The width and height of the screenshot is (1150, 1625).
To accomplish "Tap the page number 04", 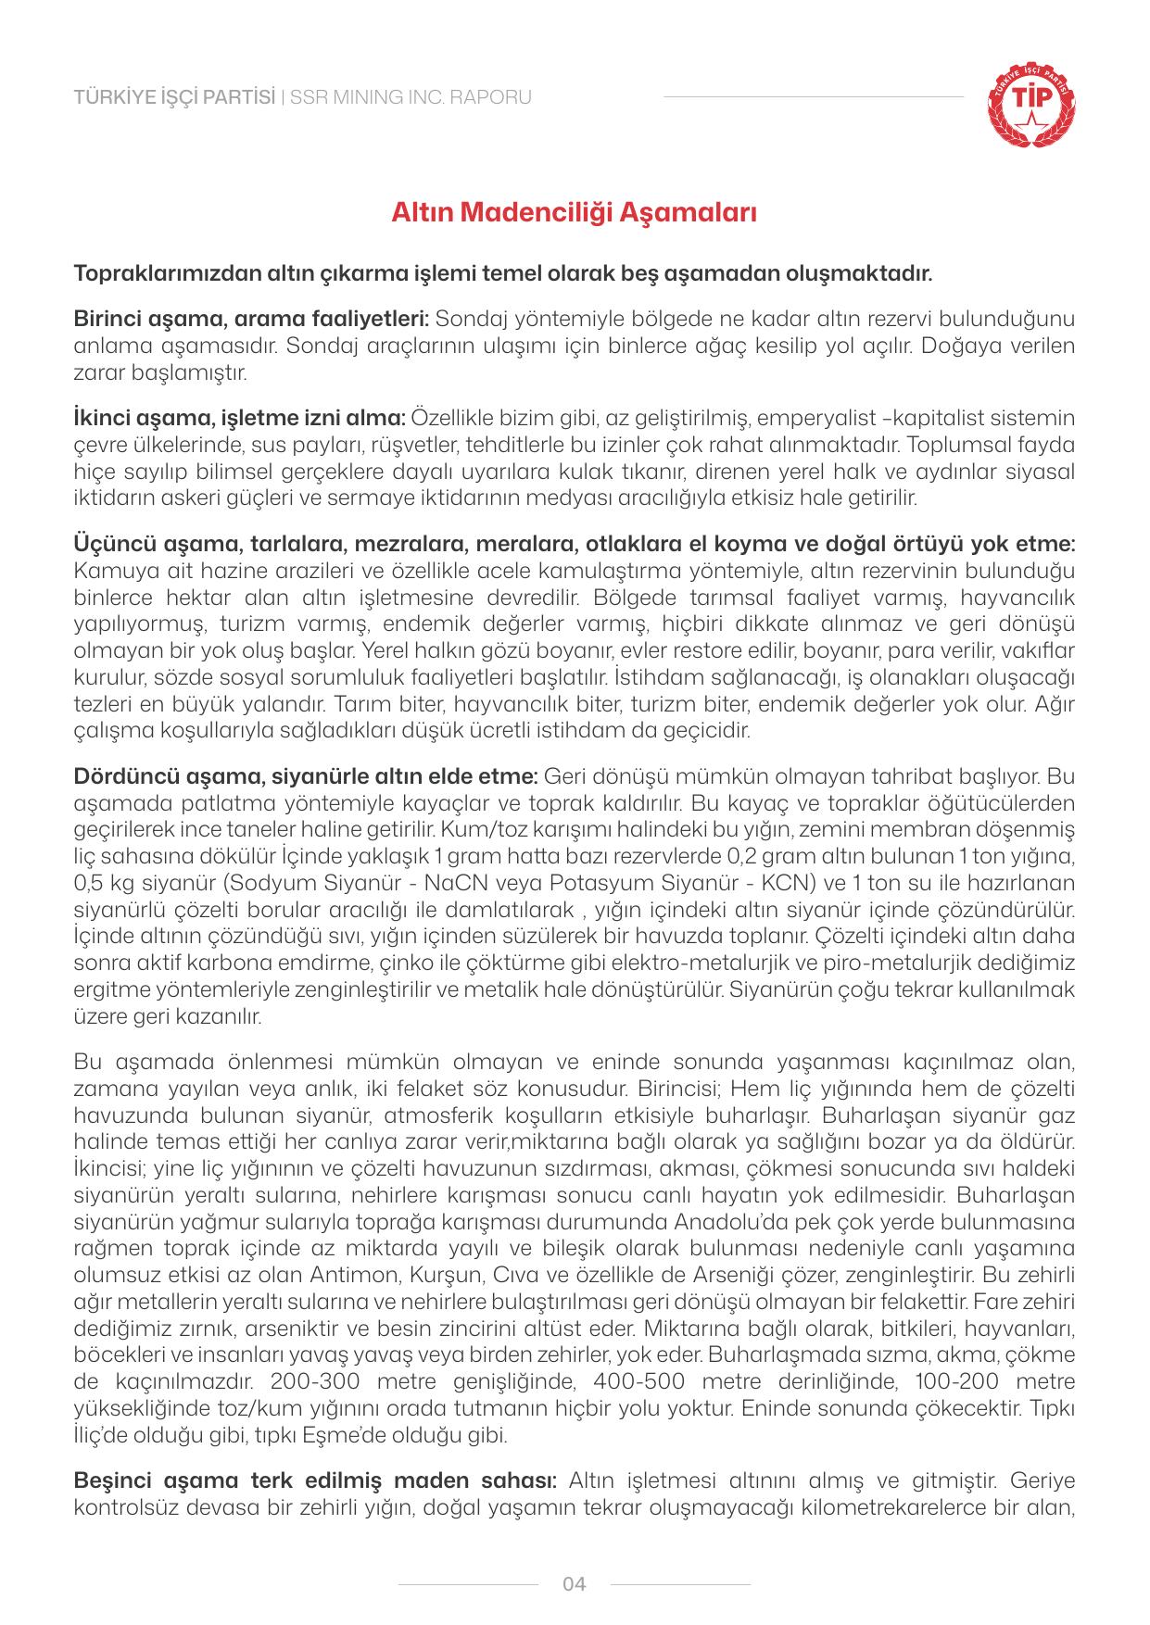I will [x=575, y=1584].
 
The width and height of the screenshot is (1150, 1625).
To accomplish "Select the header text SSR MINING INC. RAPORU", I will [x=411, y=97].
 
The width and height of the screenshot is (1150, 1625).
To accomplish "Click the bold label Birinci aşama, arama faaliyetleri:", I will [x=251, y=320].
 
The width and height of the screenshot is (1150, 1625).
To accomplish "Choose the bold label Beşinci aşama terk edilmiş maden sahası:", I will [x=314, y=1478].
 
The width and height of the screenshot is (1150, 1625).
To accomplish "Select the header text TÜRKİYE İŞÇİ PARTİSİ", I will [x=174, y=97].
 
